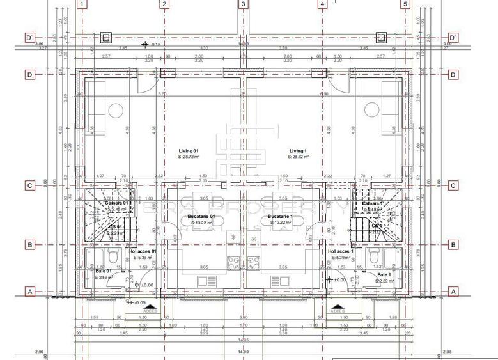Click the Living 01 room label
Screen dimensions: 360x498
[x=189, y=151]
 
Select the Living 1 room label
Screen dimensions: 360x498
[x=297, y=151]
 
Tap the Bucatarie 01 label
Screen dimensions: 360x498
[x=202, y=217]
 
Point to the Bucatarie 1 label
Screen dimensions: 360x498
[x=280, y=217]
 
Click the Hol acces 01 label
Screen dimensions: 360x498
[x=143, y=251]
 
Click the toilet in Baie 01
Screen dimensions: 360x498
[x=114, y=257]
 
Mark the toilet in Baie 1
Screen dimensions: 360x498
[x=373, y=257]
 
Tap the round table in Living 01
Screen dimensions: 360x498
[x=115, y=111]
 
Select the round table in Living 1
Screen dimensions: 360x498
[x=370, y=111]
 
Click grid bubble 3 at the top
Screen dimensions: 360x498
[x=243, y=4]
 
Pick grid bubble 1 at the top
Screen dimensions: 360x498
[x=81, y=4]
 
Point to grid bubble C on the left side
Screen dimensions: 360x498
[x=29, y=186]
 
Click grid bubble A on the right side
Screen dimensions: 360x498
[x=453, y=291]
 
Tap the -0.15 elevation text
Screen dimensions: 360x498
[x=154, y=45]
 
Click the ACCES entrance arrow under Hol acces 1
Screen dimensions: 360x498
[x=336, y=309]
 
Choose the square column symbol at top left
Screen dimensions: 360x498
[x=106, y=37]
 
